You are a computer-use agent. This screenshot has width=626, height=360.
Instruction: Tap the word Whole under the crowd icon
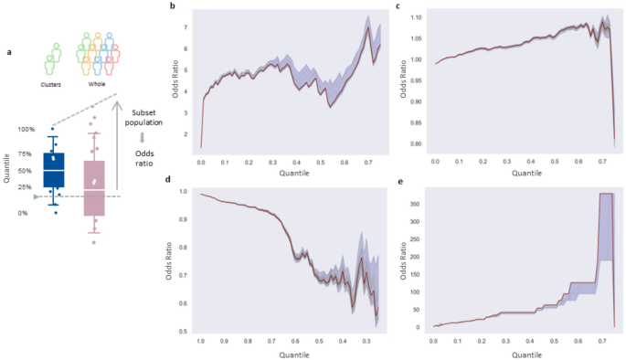point(96,84)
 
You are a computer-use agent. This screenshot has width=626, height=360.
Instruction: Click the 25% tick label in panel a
point(26,186)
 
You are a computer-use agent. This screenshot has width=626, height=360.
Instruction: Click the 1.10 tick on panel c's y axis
point(416,17)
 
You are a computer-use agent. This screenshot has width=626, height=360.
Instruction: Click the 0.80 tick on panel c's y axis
point(416,144)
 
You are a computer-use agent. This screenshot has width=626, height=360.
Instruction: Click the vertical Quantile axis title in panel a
point(8,170)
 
